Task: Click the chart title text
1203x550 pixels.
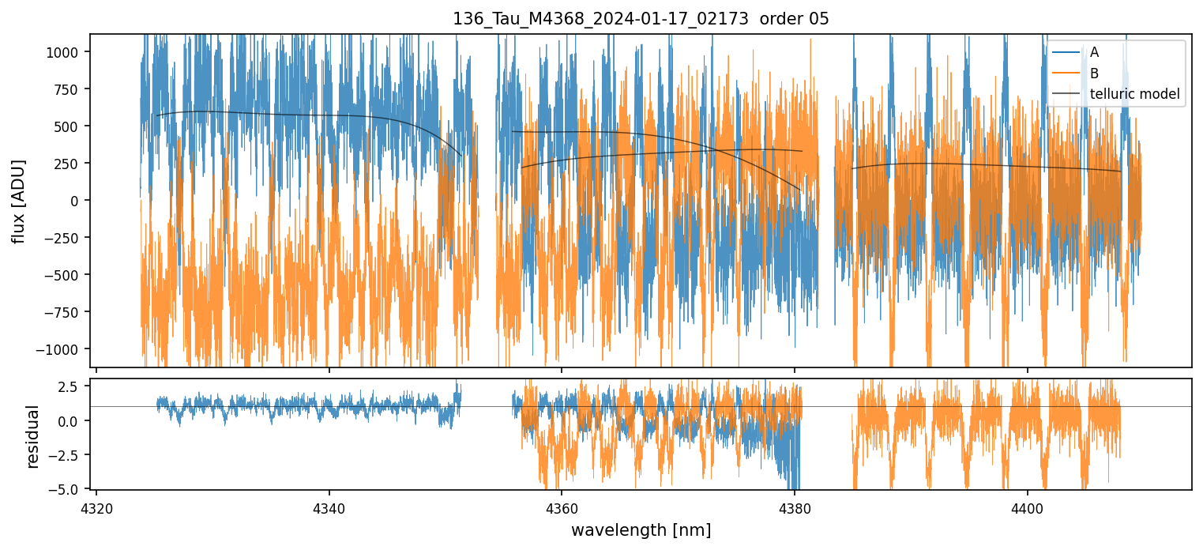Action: (641, 19)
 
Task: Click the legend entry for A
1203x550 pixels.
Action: (1094, 52)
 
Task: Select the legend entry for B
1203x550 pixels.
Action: (1094, 73)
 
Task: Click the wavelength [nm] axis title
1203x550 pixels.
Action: (641, 529)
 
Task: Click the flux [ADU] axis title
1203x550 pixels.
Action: (17, 201)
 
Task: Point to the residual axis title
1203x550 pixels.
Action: (33, 436)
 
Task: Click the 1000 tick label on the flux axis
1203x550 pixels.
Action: (66, 52)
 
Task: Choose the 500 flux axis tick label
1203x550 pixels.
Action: (70, 126)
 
